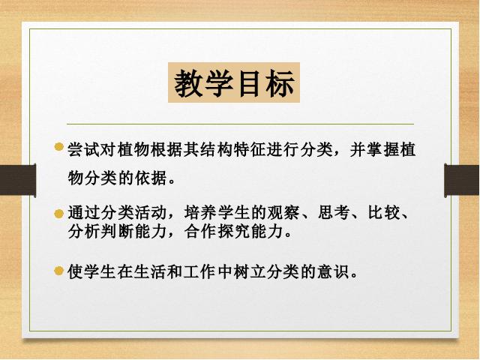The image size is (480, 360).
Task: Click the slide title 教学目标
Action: click(234, 83)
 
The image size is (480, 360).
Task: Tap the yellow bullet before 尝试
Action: click(58, 147)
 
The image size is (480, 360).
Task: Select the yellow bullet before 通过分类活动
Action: click(58, 214)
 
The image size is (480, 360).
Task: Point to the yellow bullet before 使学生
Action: click(58, 271)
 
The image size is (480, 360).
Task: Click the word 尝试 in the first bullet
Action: click(84, 150)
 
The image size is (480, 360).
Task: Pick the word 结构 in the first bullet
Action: click(217, 150)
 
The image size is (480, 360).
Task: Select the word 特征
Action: click(250, 150)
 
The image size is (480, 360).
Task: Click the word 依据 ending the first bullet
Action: click(151, 178)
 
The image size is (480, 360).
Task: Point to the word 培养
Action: click(200, 212)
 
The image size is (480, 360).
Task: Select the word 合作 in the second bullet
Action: click(200, 232)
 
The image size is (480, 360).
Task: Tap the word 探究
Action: click(233, 232)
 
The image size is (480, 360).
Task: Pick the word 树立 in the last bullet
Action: click(250, 271)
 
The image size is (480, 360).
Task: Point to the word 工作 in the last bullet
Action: click(200, 271)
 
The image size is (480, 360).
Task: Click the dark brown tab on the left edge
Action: click(18, 180)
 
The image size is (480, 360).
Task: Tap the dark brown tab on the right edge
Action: click(462, 180)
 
